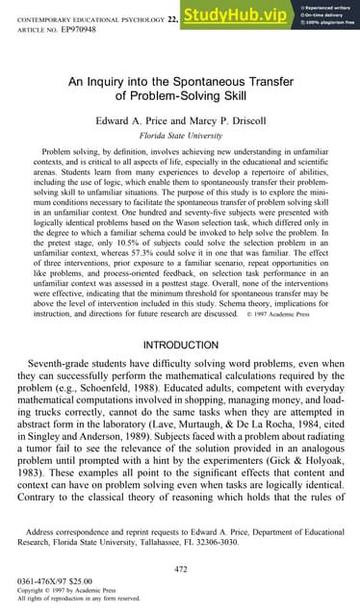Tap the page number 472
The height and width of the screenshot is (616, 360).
click(180, 572)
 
